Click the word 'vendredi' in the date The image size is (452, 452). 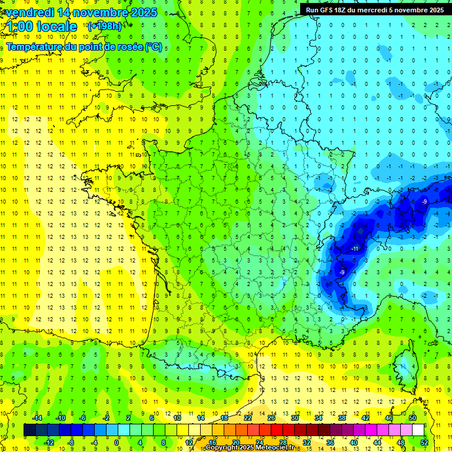pos(29,12)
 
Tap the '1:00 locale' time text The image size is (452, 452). pos(41,26)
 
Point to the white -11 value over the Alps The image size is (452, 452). pos(355,249)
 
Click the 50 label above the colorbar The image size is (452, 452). pos(412,418)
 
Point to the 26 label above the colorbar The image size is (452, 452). pos(271,418)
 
